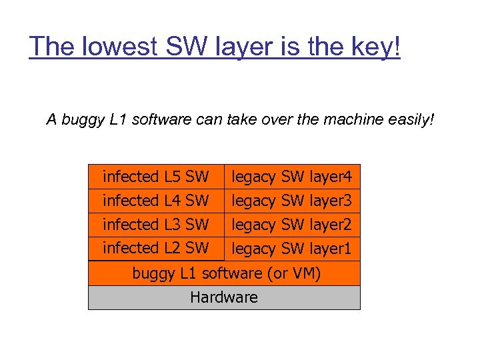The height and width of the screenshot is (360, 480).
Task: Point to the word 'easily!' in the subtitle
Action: pos(411,120)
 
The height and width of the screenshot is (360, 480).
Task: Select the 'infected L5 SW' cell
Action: pos(156,177)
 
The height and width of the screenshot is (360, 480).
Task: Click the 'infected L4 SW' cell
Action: pos(156,200)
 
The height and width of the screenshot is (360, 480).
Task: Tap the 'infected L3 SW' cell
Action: pos(156,224)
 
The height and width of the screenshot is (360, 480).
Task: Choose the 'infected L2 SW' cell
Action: pos(156,248)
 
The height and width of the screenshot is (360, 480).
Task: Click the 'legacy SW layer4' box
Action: pos(292,177)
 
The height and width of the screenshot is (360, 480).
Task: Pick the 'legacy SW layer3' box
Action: pos(292,201)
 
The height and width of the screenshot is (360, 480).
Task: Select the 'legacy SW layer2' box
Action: pos(292,225)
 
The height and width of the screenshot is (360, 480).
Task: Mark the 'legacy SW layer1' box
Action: pos(292,249)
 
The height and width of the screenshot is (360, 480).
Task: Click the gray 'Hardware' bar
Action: pos(224,297)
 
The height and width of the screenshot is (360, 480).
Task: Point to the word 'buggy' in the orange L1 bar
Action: pos(152,273)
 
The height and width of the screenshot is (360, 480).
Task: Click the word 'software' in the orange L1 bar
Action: pos(231,273)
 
